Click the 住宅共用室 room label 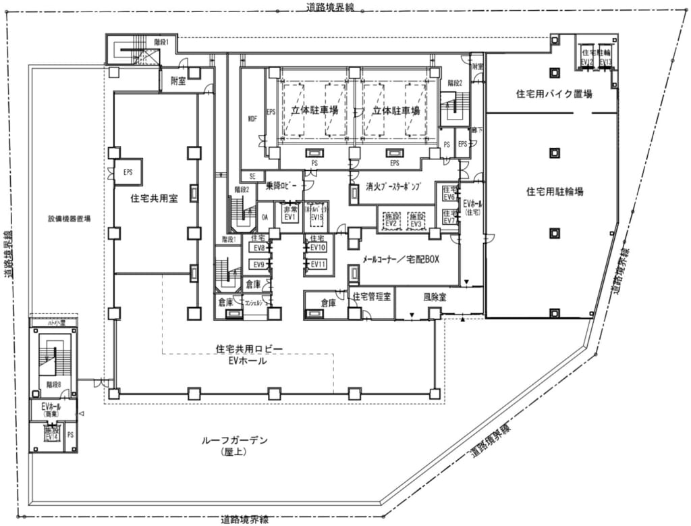click(x=154, y=200)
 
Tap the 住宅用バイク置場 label click(x=551, y=95)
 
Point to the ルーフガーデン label click(x=235, y=441)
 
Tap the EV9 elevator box click(x=258, y=264)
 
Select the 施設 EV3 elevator click(x=416, y=221)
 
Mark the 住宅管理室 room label click(x=371, y=296)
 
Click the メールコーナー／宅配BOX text click(x=401, y=259)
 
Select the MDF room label click(x=253, y=119)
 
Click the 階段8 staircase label click(x=54, y=384)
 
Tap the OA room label click(x=266, y=216)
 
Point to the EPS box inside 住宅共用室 click(x=128, y=172)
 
